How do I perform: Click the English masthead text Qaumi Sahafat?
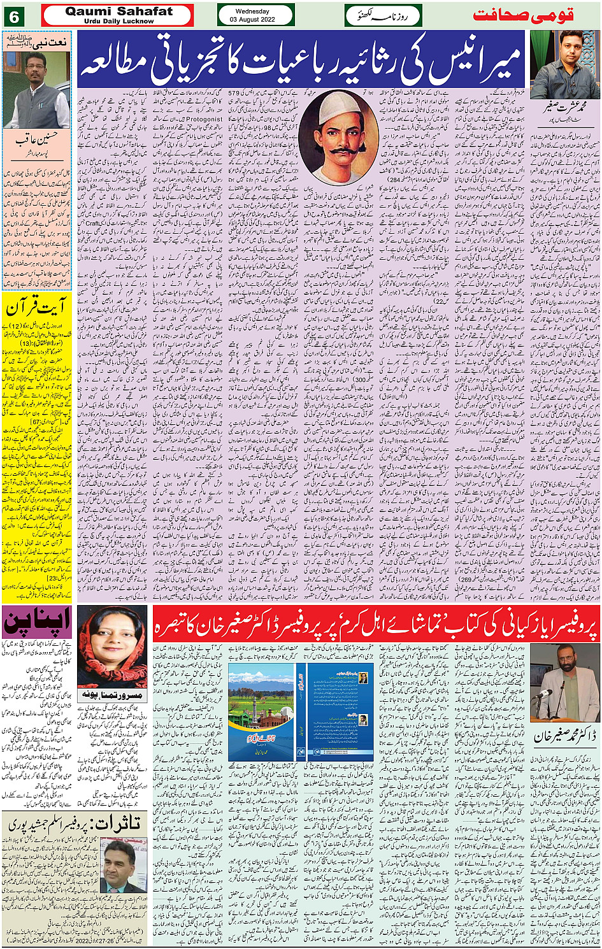tap(118, 11)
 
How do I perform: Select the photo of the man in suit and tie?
tap(123, 866)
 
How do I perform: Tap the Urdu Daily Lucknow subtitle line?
tap(118, 22)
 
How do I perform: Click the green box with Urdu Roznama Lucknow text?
tap(383, 15)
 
